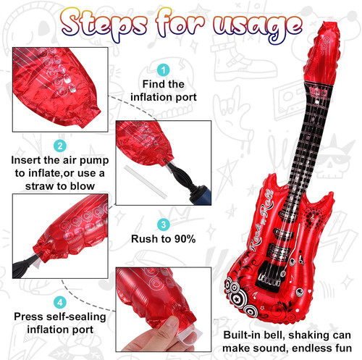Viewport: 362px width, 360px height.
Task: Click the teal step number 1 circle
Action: point(164,70)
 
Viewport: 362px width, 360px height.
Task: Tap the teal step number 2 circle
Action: point(60,146)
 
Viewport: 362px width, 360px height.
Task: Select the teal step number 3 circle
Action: point(164,225)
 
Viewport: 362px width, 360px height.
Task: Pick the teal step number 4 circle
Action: point(60,302)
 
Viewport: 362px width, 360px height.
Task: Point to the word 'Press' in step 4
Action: point(28,317)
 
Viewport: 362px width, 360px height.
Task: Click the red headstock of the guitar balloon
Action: point(324,54)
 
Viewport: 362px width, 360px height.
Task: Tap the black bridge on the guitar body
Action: point(269,277)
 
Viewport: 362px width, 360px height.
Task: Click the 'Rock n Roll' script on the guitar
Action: point(261,222)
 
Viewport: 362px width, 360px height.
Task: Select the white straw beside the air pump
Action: point(146,182)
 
